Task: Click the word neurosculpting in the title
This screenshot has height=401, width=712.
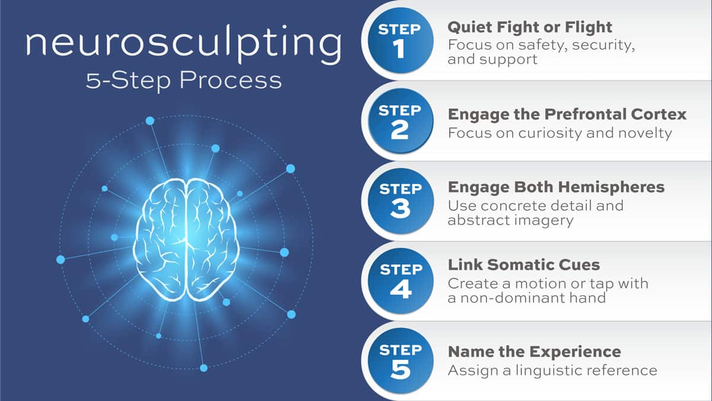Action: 184,43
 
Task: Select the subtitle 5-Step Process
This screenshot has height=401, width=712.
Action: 184,81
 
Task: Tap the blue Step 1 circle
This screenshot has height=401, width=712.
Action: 401,41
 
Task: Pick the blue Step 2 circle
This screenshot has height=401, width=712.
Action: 401,121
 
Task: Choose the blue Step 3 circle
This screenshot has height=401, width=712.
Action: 401,201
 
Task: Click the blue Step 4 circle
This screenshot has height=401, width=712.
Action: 401,281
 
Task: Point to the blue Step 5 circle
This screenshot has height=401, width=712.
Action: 401,361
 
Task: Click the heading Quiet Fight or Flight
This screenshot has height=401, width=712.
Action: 530,27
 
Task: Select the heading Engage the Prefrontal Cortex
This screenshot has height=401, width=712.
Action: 567,115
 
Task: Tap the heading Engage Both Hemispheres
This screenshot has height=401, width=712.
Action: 557,187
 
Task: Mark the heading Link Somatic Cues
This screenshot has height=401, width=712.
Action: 524,265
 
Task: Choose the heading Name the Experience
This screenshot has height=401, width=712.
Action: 535,352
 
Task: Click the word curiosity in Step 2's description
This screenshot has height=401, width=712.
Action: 551,133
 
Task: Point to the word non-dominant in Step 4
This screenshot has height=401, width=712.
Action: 510,298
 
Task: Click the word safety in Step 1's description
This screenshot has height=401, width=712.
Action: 543,45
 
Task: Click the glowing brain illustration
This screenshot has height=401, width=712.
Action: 186,239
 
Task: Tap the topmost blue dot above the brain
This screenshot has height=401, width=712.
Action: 150,121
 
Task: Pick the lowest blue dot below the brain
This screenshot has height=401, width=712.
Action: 204,368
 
